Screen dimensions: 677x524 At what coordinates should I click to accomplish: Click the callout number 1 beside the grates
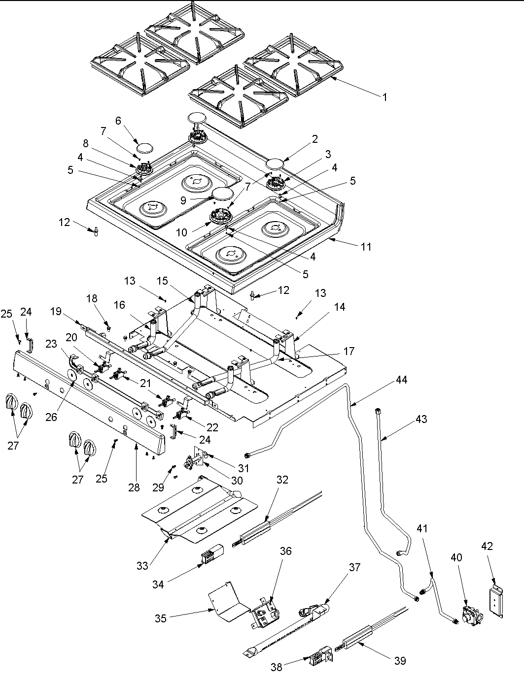[x=384, y=97]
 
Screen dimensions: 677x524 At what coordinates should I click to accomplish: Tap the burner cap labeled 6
[x=144, y=147]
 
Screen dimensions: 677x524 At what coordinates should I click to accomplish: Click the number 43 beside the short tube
[x=421, y=419]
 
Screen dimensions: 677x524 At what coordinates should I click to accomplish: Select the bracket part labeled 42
[x=496, y=602]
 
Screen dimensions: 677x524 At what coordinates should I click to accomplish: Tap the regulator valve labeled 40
[x=470, y=616]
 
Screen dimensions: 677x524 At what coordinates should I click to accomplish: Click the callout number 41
[x=422, y=529]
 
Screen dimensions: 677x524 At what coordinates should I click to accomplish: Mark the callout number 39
[x=400, y=661]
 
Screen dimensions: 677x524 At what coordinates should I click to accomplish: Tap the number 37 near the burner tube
[x=354, y=567]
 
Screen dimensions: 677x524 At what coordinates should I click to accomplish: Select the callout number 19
[x=56, y=311]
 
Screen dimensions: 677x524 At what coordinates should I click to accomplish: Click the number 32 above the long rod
[x=282, y=480]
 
